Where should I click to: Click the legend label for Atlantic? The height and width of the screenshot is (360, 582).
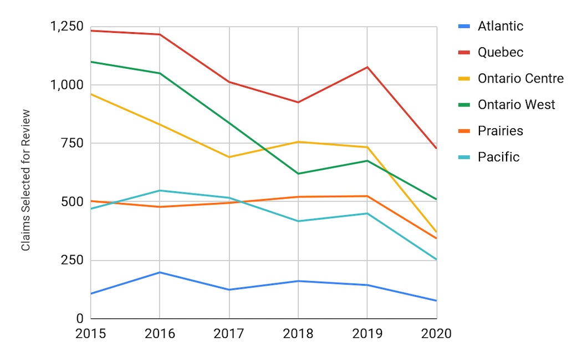point(500,26)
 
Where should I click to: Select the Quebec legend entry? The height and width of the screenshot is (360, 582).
point(500,52)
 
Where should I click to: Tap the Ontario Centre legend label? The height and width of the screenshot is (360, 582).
point(520,78)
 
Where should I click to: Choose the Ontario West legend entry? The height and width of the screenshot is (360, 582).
point(516,104)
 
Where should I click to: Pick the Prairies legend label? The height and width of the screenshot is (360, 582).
point(500,131)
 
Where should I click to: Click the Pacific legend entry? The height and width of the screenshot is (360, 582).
point(498,157)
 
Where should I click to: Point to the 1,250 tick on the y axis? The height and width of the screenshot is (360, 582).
point(68,27)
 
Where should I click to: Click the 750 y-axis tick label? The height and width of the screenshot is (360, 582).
point(72,144)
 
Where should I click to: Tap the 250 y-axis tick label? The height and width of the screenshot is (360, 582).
point(72,260)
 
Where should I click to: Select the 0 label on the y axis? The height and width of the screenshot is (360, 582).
point(79,319)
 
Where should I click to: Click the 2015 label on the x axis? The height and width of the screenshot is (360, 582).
point(90,334)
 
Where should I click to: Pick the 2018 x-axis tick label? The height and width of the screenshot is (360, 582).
point(298,334)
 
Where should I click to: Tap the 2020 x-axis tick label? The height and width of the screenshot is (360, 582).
point(436,334)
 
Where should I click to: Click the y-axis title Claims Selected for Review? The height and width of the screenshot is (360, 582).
point(26,180)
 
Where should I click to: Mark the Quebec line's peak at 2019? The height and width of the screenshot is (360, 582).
point(367,67)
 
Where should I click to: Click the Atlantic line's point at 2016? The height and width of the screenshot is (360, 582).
point(160,272)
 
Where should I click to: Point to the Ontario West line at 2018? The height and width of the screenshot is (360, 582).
point(298,174)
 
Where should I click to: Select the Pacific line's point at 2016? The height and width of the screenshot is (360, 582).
point(160,190)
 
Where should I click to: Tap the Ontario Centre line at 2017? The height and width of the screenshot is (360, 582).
point(229,157)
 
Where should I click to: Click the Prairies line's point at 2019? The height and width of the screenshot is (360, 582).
point(367,196)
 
